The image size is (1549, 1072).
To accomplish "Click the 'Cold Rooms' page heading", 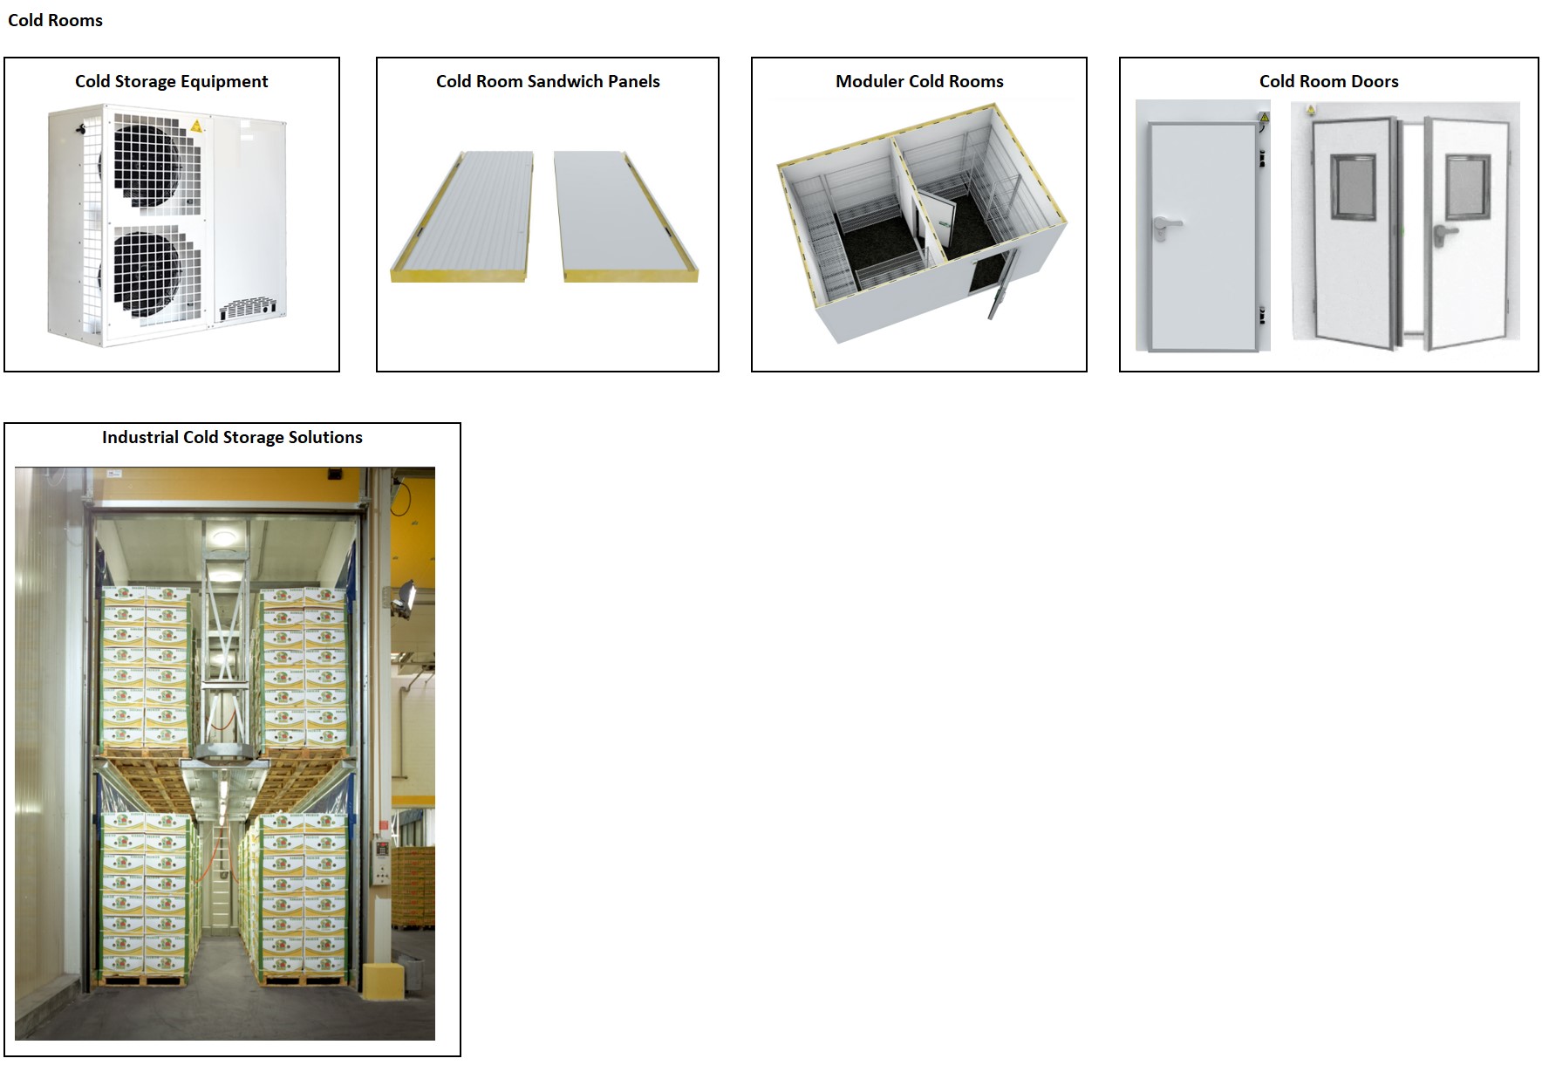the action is (x=55, y=20).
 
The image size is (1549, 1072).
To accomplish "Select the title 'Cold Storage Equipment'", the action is (x=172, y=81).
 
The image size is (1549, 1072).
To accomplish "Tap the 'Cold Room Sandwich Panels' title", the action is (x=548, y=81).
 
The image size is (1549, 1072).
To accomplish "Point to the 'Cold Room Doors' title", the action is (x=1328, y=81).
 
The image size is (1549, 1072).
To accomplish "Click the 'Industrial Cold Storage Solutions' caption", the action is (x=232, y=437).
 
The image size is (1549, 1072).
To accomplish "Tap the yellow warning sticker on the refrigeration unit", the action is (x=197, y=126).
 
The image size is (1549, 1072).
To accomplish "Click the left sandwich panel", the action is (x=462, y=216).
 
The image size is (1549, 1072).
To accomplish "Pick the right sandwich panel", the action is (x=625, y=216).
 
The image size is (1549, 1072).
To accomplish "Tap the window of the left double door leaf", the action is (x=1353, y=187).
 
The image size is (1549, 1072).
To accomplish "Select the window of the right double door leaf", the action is (x=1468, y=187).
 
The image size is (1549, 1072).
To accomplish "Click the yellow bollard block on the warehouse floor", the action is (x=384, y=980).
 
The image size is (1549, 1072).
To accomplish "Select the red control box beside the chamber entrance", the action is (x=380, y=848).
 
